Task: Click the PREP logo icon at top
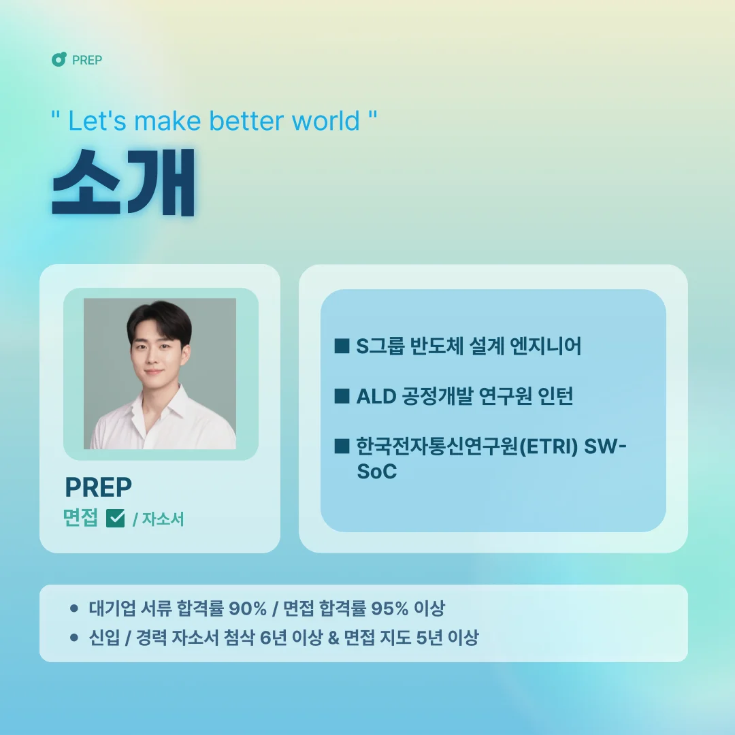59,60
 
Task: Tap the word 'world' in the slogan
326,121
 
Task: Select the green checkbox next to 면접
116,519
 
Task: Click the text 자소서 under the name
163,520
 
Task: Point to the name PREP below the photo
98,487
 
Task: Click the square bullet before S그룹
342,346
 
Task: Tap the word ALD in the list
376,396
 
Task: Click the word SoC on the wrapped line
376,472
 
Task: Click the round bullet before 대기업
74,608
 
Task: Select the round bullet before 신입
74,638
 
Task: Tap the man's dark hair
158,318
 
